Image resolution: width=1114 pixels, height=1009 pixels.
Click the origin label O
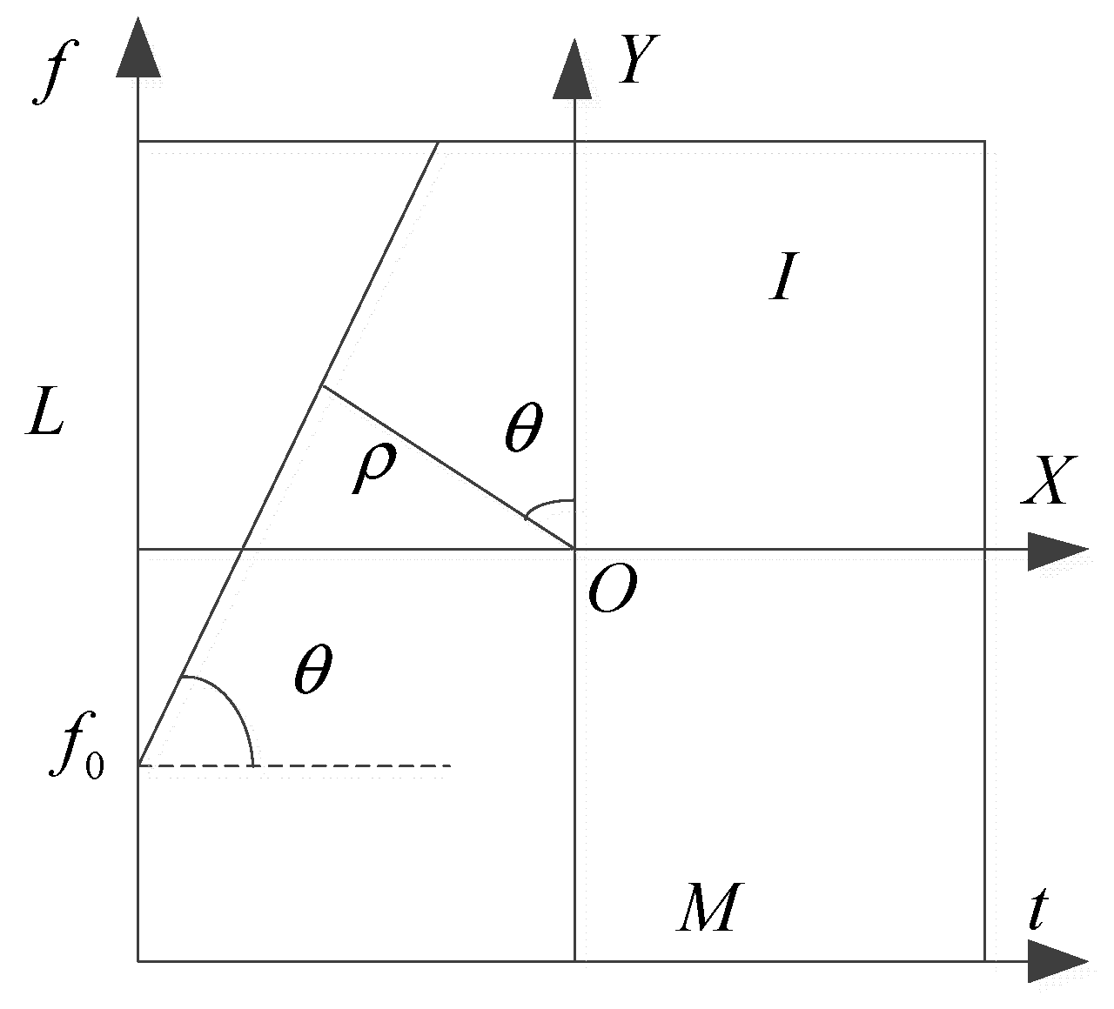(612, 593)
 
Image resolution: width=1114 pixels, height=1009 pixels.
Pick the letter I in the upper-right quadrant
(782, 279)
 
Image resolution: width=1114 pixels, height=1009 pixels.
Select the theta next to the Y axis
(523, 429)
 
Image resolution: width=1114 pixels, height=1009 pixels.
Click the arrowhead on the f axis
(138, 51)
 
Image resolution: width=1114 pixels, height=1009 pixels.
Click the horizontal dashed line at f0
(348, 765)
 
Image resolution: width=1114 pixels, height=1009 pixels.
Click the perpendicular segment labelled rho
(448, 468)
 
